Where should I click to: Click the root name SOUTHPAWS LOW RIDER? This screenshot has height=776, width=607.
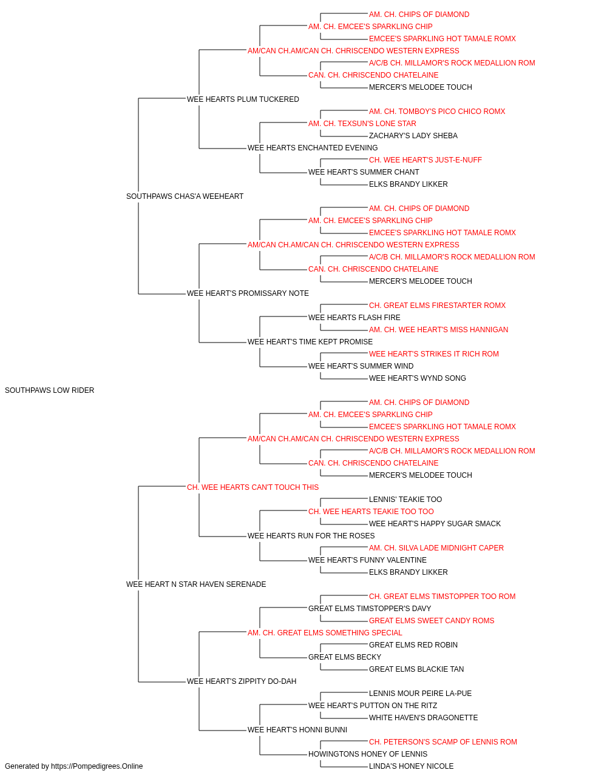point(49,390)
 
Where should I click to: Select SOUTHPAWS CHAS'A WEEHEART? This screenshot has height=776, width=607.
point(185,196)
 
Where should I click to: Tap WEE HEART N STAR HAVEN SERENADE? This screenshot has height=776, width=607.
point(196,584)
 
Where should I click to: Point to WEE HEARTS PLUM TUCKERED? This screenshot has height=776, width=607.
point(243,99)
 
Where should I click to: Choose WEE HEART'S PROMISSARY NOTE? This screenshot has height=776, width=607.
point(248,293)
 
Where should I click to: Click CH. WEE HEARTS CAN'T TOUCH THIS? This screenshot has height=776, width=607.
point(253,487)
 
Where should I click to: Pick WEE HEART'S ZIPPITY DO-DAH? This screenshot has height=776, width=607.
point(242,681)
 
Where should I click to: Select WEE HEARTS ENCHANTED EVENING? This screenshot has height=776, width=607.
point(313,147)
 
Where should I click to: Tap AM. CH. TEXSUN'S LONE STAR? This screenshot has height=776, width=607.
point(362,123)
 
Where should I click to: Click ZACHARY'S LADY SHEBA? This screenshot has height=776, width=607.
point(413,135)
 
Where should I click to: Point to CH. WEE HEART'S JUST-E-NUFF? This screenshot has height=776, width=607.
point(426,159)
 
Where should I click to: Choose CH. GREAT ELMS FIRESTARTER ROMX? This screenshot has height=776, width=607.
point(437,306)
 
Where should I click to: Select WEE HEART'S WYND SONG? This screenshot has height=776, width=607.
point(418,378)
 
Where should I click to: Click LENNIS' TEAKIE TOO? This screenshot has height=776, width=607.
point(405,499)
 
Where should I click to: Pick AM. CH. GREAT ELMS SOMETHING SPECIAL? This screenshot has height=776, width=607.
point(325,632)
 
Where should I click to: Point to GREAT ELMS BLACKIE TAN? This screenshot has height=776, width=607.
point(416,669)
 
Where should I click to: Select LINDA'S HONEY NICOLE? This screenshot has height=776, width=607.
point(411,766)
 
